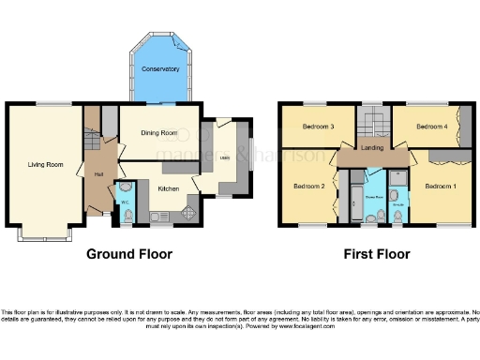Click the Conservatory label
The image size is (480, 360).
click(161, 69)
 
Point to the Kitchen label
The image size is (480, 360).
click(168, 188)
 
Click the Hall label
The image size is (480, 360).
click(97, 173)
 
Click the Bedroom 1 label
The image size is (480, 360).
click(441, 187)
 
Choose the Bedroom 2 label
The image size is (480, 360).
click(308, 187)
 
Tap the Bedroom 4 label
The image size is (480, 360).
click(431, 126)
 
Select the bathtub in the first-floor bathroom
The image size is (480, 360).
click(356, 199)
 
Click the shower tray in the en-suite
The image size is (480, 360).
click(396, 178)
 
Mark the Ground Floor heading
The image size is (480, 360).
click(126, 253)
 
